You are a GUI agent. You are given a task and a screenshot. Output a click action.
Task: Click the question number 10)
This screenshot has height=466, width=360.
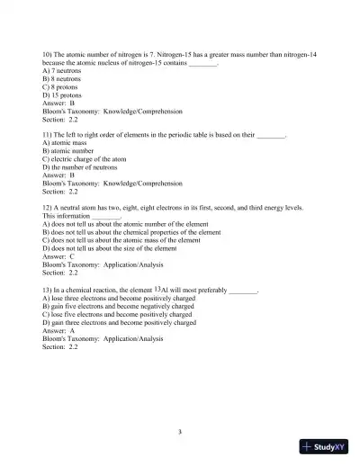49,56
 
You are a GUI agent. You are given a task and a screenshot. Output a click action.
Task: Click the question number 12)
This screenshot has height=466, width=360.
49,208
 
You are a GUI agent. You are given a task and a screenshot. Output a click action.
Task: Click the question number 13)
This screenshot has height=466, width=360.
49,291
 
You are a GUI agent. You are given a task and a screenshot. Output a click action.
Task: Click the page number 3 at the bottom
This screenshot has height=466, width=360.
180,431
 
